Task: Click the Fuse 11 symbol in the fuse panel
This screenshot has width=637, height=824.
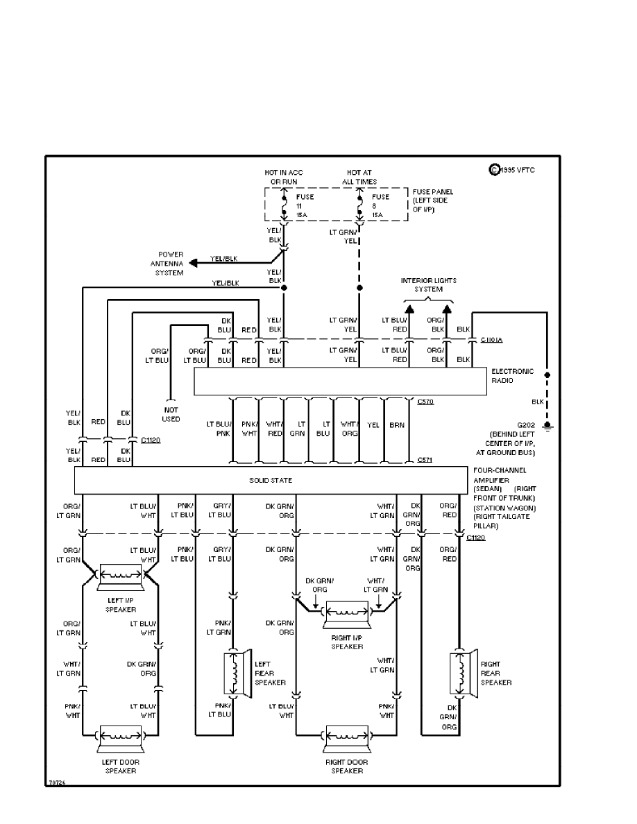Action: (284, 206)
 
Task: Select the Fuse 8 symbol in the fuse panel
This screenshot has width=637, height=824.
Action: (359, 206)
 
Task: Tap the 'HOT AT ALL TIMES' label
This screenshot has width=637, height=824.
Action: (359, 177)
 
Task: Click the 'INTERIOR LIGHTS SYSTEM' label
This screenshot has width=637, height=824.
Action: (428, 284)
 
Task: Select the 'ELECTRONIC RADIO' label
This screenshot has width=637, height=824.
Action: (512, 375)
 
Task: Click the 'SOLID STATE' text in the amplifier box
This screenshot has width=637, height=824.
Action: (271, 480)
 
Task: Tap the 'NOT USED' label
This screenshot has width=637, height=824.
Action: (171, 415)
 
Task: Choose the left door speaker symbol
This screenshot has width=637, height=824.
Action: (121, 737)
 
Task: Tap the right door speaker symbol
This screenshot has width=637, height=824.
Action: (346, 737)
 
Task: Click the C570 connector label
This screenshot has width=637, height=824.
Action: (426, 402)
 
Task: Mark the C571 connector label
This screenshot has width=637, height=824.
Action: (426, 459)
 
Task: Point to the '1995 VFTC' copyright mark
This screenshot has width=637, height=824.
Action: (513, 169)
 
